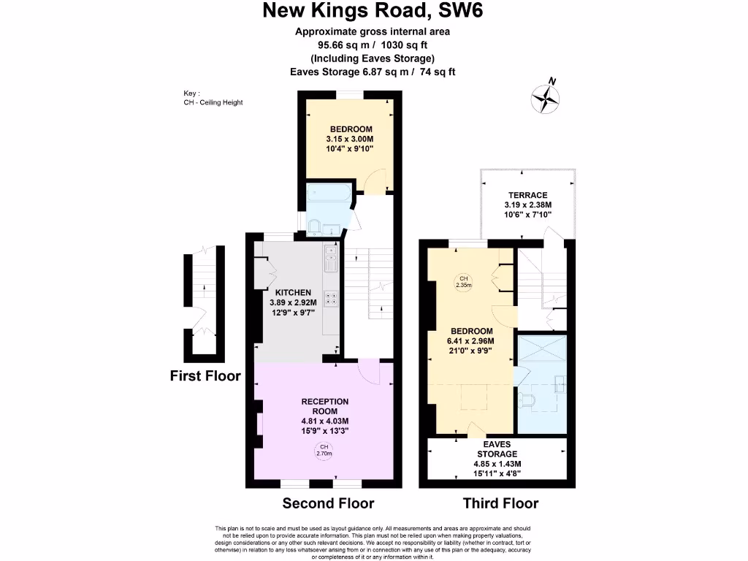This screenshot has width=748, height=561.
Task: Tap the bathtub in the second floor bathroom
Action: (329, 195)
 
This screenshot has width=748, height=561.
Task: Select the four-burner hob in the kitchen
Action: (332, 297)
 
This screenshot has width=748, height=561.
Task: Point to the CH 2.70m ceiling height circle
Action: (324, 451)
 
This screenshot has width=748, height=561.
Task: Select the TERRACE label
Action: (527, 195)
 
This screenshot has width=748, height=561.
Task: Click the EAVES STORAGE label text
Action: (497, 449)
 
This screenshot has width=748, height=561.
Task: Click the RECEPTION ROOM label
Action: (325, 406)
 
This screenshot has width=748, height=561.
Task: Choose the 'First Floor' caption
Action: (205, 376)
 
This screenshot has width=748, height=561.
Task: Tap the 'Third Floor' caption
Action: (500, 503)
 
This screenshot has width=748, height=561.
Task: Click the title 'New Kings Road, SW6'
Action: (373, 11)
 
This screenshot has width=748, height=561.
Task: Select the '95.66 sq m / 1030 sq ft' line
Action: (373, 45)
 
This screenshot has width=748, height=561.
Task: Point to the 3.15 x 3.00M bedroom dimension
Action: (350, 139)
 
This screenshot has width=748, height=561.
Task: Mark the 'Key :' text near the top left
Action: (192, 93)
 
